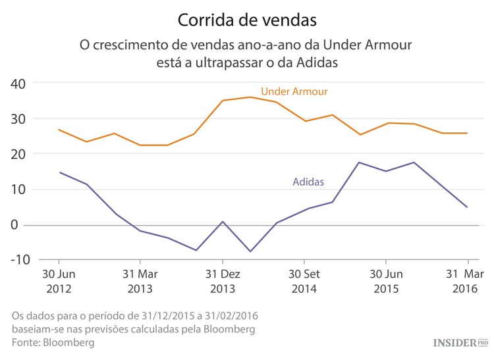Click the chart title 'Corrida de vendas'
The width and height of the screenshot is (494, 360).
(x=247, y=20)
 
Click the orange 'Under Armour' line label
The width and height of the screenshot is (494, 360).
(x=294, y=91)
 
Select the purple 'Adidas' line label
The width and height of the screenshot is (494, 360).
(x=308, y=182)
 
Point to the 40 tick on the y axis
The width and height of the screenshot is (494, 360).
(x=18, y=84)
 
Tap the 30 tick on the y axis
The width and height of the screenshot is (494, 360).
(x=18, y=119)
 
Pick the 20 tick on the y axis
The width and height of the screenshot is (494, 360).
(x=18, y=154)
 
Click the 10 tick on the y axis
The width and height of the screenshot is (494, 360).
(x=18, y=190)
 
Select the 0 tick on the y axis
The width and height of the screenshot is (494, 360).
(x=21, y=225)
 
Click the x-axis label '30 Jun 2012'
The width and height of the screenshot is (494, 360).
(x=59, y=281)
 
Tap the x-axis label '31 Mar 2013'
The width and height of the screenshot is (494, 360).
(x=140, y=281)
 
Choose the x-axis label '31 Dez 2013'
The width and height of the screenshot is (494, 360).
(x=222, y=281)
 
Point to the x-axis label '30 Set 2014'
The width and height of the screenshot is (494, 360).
(x=304, y=281)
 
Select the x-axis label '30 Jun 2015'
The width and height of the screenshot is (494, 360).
(x=386, y=281)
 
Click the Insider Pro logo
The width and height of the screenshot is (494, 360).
(x=460, y=343)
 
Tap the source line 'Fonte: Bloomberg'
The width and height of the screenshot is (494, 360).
(x=53, y=343)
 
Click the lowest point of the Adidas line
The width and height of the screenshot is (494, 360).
(x=250, y=251)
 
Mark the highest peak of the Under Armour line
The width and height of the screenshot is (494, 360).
(x=250, y=97)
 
